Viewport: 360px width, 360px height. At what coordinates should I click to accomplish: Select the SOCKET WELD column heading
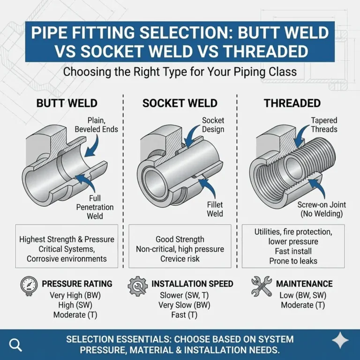(x=180, y=103)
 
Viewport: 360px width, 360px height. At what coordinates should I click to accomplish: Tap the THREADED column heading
(x=292, y=103)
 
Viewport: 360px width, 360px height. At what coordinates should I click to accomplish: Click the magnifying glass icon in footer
(x=15, y=345)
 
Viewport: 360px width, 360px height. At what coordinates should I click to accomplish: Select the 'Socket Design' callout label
(x=213, y=125)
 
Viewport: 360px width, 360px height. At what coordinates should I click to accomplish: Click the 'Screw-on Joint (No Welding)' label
(x=320, y=210)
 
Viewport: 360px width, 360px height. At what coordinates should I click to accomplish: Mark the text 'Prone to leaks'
(x=293, y=261)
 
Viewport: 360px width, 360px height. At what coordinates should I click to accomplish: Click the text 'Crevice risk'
(x=180, y=259)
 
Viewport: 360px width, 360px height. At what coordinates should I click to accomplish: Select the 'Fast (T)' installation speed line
(x=180, y=315)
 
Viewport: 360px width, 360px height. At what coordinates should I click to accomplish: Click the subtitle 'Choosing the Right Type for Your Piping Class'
(x=180, y=73)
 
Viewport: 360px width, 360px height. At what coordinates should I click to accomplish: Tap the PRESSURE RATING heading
(x=77, y=284)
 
